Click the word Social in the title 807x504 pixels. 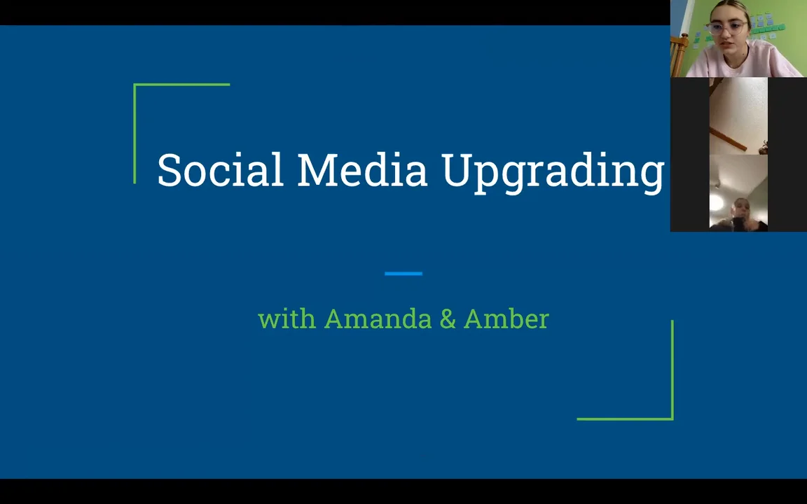[x=219, y=170]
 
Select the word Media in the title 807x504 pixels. [x=361, y=170]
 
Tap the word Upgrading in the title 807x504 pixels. [x=553, y=171]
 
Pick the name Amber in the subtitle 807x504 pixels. [x=506, y=319]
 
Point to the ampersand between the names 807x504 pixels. [x=447, y=320]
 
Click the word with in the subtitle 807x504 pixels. [x=287, y=319]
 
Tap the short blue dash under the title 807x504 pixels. [x=403, y=274]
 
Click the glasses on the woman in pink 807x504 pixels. [x=727, y=29]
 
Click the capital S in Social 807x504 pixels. [x=169, y=170]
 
